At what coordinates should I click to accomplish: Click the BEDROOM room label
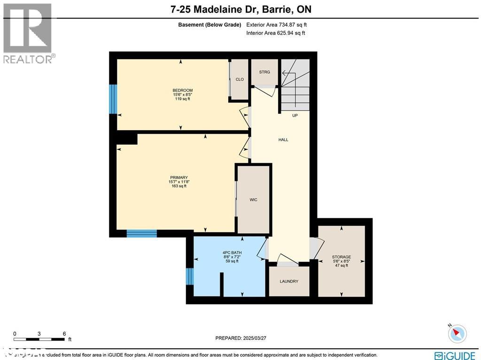tap(182, 90)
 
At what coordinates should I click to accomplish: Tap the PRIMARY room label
tap(178, 178)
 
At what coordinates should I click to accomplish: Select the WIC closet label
tap(253, 200)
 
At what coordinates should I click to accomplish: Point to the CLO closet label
tap(240, 79)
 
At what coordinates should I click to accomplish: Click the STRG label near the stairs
tap(264, 72)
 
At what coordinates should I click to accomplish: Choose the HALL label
tap(283, 140)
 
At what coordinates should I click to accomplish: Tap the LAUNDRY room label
tap(289, 282)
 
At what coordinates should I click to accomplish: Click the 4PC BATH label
tap(232, 253)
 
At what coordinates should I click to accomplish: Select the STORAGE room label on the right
tap(341, 257)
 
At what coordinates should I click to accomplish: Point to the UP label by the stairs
tap(295, 115)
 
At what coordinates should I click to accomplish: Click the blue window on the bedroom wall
tap(113, 99)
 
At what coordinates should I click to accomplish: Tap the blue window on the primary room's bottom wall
tap(141, 233)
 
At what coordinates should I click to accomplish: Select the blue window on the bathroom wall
tap(190, 276)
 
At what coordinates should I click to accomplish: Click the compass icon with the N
tap(457, 333)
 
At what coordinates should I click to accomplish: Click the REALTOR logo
tap(28, 33)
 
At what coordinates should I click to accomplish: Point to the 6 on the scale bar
tap(64, 333)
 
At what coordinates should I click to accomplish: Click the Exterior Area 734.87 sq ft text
tap(276, 25)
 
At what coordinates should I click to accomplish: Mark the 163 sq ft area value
tap(178, 186)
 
